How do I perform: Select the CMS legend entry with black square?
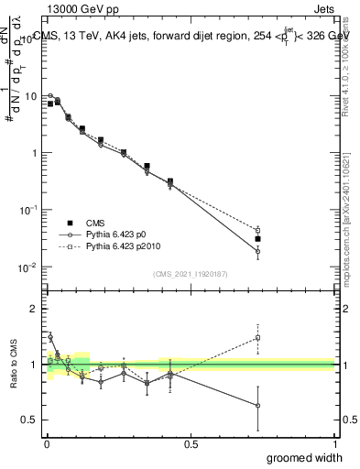coord(91,223)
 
